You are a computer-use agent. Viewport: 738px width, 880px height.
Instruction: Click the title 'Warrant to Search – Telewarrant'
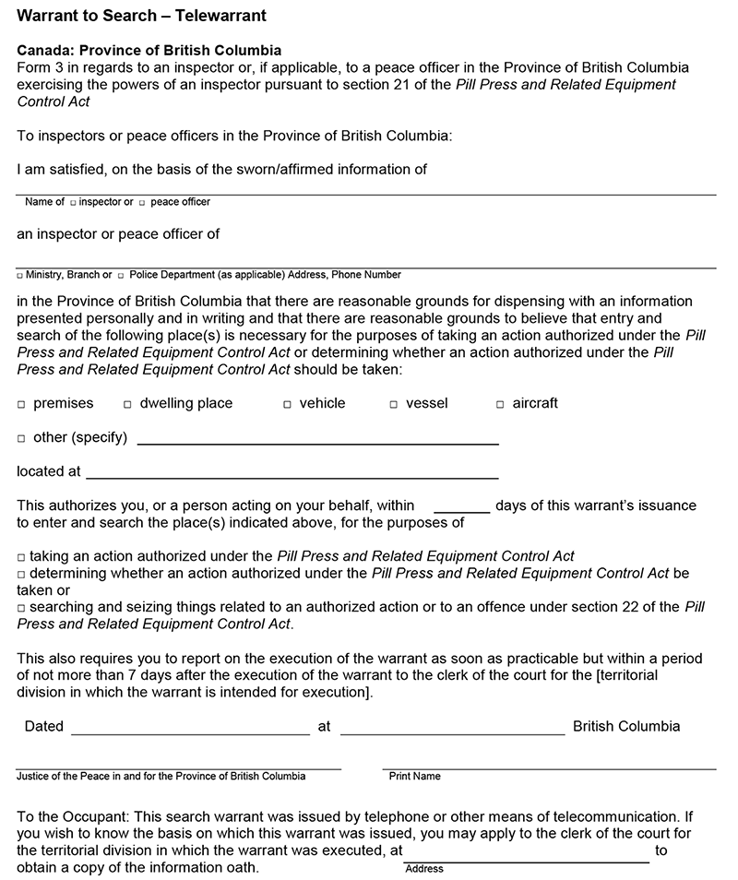tap(143, 17)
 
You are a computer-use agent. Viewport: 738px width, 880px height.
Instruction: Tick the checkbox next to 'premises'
tap(21, 404)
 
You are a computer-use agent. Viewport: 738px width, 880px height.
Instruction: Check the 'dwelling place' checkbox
tap(128, 404)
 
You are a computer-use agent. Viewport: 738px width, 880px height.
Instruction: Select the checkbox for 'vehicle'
tap(288, 404)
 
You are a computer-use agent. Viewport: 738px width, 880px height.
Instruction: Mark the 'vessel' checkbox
tap(394, 404)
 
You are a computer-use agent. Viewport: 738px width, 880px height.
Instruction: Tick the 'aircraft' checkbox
tap(501, 404)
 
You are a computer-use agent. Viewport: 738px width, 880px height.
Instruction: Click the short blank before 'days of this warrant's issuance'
tap(461, 509)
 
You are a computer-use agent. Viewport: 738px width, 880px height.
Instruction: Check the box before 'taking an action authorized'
tap(21, 557)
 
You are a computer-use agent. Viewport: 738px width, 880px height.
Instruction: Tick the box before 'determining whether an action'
tap(21, 574)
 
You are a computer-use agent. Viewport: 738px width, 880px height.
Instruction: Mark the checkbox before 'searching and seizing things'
tap(21, 608)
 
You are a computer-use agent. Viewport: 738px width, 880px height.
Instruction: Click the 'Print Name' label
tap(414, 777)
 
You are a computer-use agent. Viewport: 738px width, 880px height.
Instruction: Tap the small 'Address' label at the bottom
tap(424, 869)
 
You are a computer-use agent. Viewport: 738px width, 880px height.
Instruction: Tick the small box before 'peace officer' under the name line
tap(142, 202)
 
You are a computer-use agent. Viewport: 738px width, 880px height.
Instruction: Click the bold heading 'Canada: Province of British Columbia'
tap(149, 51)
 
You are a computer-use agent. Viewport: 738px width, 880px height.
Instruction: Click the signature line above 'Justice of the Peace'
tap(178, 767)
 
